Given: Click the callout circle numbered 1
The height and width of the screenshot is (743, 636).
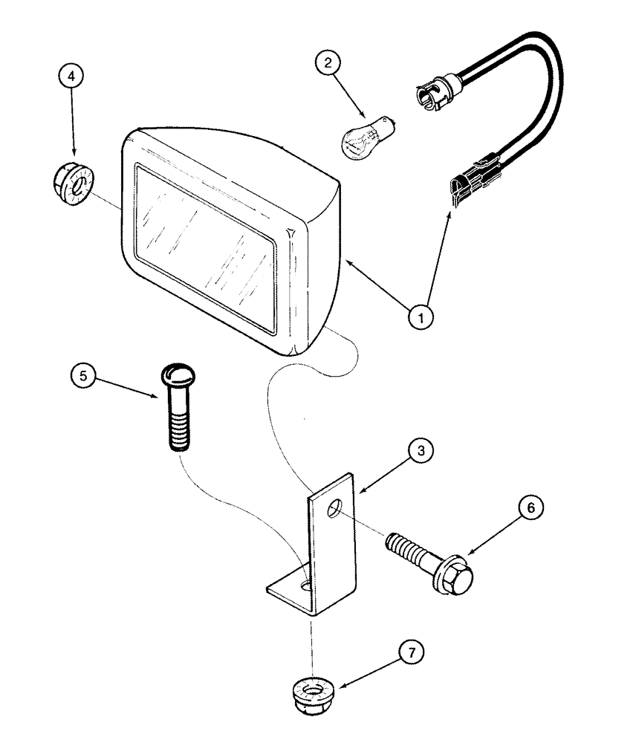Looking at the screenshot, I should pyautogui.click(x=421, y=317).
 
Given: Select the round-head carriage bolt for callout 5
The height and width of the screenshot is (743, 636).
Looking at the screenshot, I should pyautogui.click(x=177, y=408).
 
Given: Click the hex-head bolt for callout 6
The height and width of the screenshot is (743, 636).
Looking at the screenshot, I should pyautogui.click(x=426, y=562).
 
